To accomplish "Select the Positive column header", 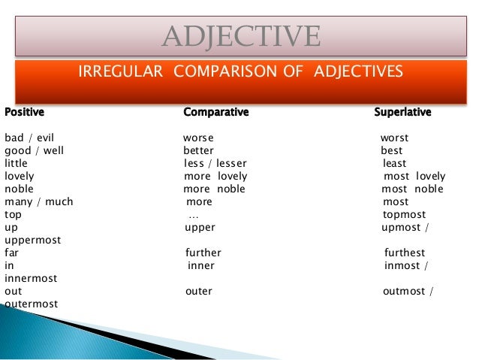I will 24,113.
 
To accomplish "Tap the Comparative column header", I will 215,113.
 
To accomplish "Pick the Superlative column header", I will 402,113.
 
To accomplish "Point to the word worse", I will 198,138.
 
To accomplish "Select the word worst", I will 394,138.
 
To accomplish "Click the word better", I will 198,151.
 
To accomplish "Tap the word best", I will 392,151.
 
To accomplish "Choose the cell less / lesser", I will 215,164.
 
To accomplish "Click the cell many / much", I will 39,202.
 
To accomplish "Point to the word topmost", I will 404,215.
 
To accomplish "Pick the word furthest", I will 404,253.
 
